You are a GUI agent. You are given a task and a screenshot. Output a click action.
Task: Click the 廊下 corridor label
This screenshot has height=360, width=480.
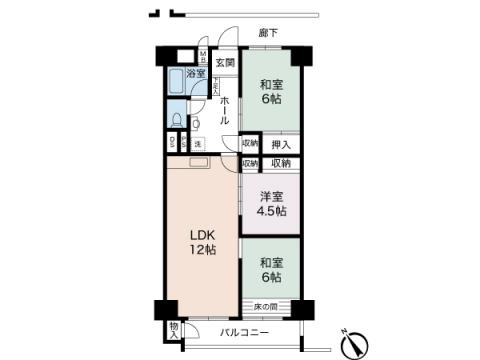[x=268, y=33]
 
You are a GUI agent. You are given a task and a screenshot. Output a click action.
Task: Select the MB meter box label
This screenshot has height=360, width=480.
[x=202, y=58]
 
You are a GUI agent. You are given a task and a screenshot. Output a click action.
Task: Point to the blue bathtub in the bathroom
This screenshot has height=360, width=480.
[x=176, y=81]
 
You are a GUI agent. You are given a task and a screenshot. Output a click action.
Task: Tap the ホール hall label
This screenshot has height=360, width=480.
[x=224, y=103]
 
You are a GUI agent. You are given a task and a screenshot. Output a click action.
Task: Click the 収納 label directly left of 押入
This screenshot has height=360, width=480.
[x=250, y=144]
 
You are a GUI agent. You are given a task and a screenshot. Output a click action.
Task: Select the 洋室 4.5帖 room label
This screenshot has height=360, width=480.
[x=270, y=203]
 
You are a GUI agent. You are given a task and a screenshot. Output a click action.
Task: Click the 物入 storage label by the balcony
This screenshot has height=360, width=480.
[x=174, y=330]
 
